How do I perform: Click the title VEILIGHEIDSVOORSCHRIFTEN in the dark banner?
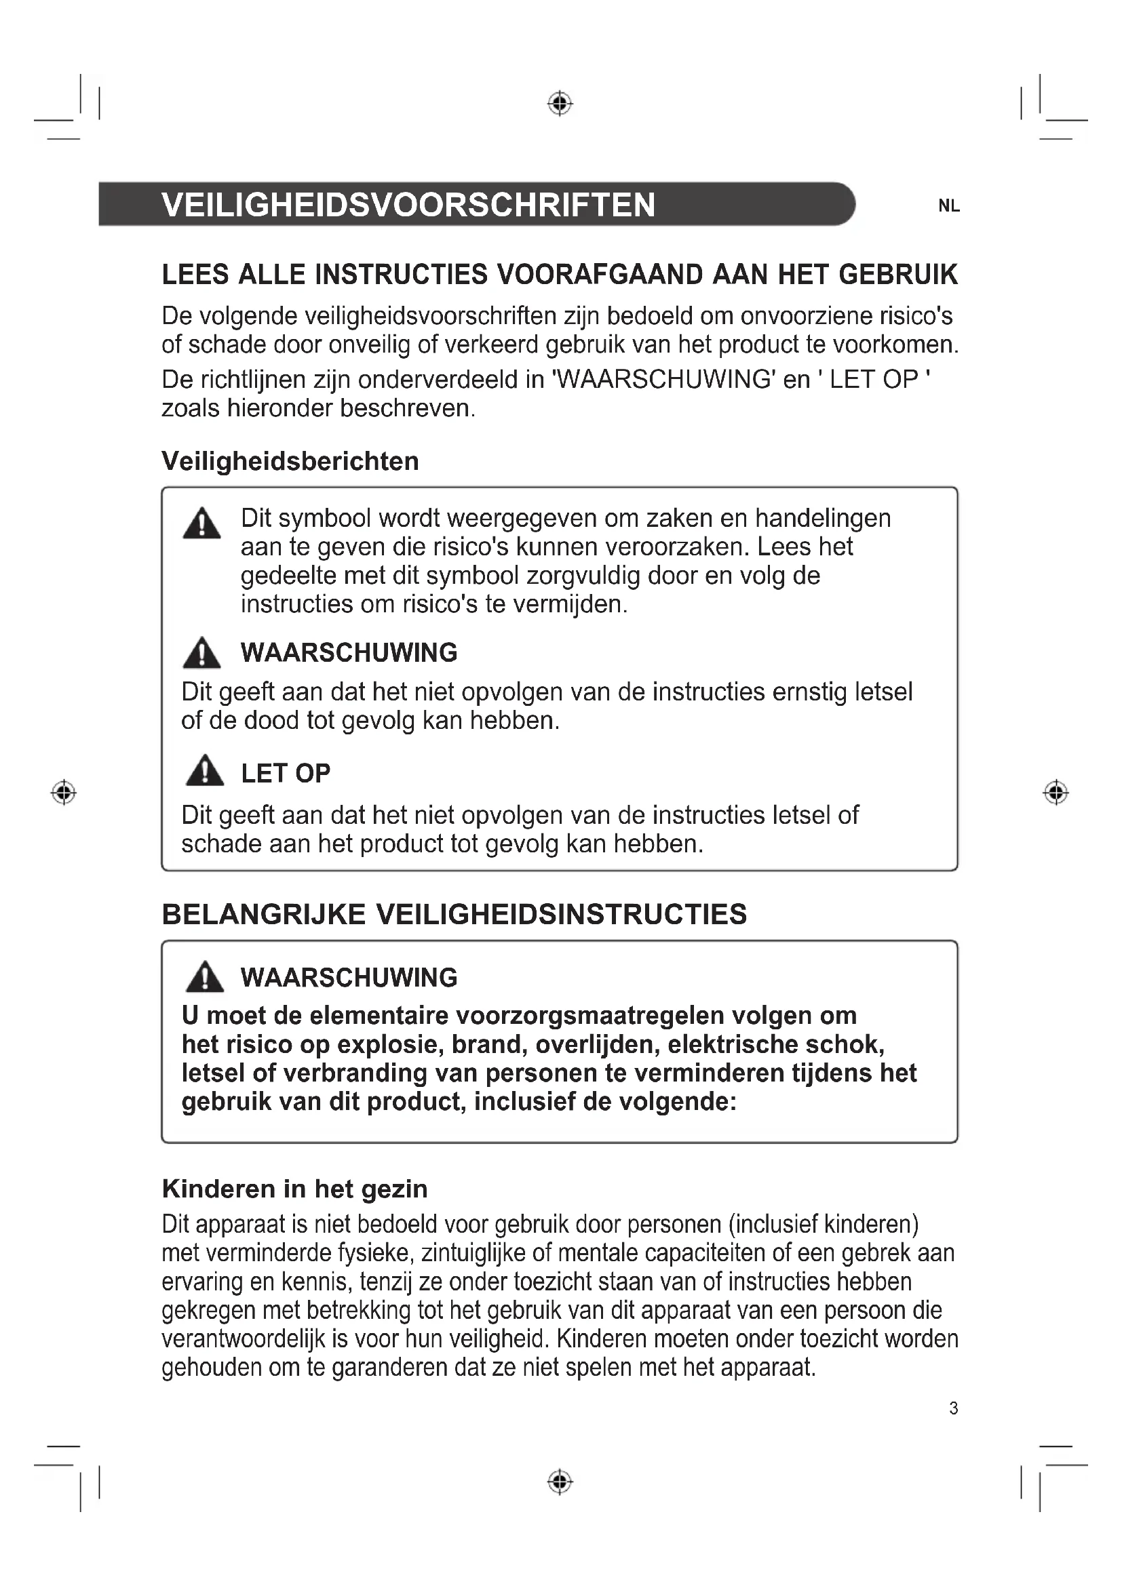[408, 205]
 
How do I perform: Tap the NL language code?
[948, 206]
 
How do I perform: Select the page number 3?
[953, 1408]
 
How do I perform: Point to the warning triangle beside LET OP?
[204, 771]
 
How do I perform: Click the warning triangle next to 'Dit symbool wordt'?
[201, 523]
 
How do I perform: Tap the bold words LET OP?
[286, 774]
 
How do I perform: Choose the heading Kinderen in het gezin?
[294, 1189]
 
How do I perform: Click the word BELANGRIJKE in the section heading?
[264, 915]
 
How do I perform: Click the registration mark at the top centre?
[560, 104]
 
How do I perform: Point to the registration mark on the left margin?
[64, 791]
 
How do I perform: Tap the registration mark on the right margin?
[1055, 791]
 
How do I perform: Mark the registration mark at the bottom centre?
[560, 1481]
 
